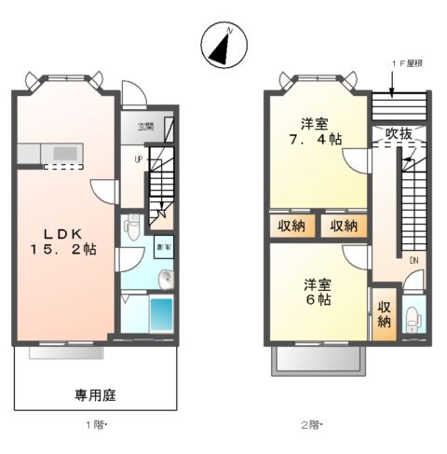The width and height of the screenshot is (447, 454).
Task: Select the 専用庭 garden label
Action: click(94, 395)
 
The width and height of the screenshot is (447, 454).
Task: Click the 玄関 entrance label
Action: click(146, 127)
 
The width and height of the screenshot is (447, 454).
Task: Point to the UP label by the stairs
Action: click(139, 159)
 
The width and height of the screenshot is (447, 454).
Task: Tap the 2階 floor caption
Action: click(309, 425)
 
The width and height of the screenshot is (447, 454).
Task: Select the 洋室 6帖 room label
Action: click(318, 292)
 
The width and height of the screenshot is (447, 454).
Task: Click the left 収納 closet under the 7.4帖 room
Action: click(291, 227)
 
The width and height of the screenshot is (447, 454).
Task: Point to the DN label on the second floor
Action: click(412, 260)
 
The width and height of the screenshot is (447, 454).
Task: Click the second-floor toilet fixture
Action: click(413, 318)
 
